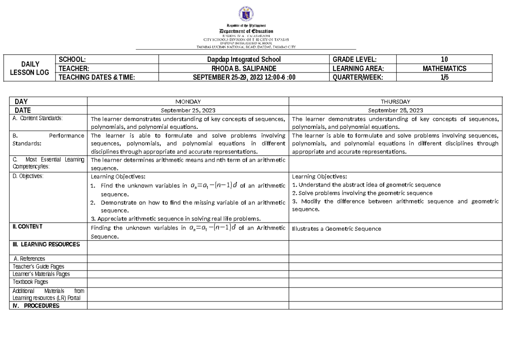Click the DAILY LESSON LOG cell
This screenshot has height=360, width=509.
(31, 68)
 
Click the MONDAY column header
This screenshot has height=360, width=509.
(187, 102)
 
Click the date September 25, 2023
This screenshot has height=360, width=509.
(187, 110)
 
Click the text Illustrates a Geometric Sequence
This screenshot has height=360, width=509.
(337, 229)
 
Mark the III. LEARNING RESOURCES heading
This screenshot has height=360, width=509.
(46, 245)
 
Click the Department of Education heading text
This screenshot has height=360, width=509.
(246, 31)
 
